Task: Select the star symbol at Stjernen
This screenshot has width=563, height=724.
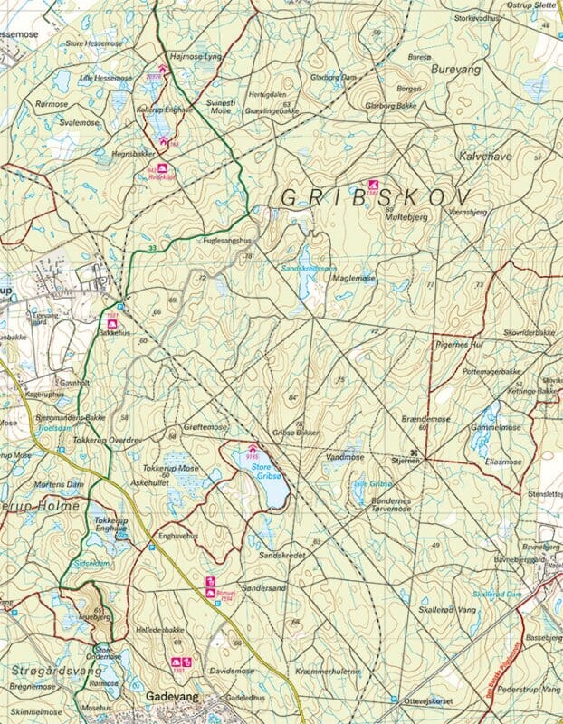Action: point(416,452)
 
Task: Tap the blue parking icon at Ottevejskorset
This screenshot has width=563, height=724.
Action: point(394,699)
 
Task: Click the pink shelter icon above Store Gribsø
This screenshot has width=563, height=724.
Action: point(253,449)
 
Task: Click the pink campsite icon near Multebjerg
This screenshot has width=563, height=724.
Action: point(371,187)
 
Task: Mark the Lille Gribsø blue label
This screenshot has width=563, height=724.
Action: point(373,484)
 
